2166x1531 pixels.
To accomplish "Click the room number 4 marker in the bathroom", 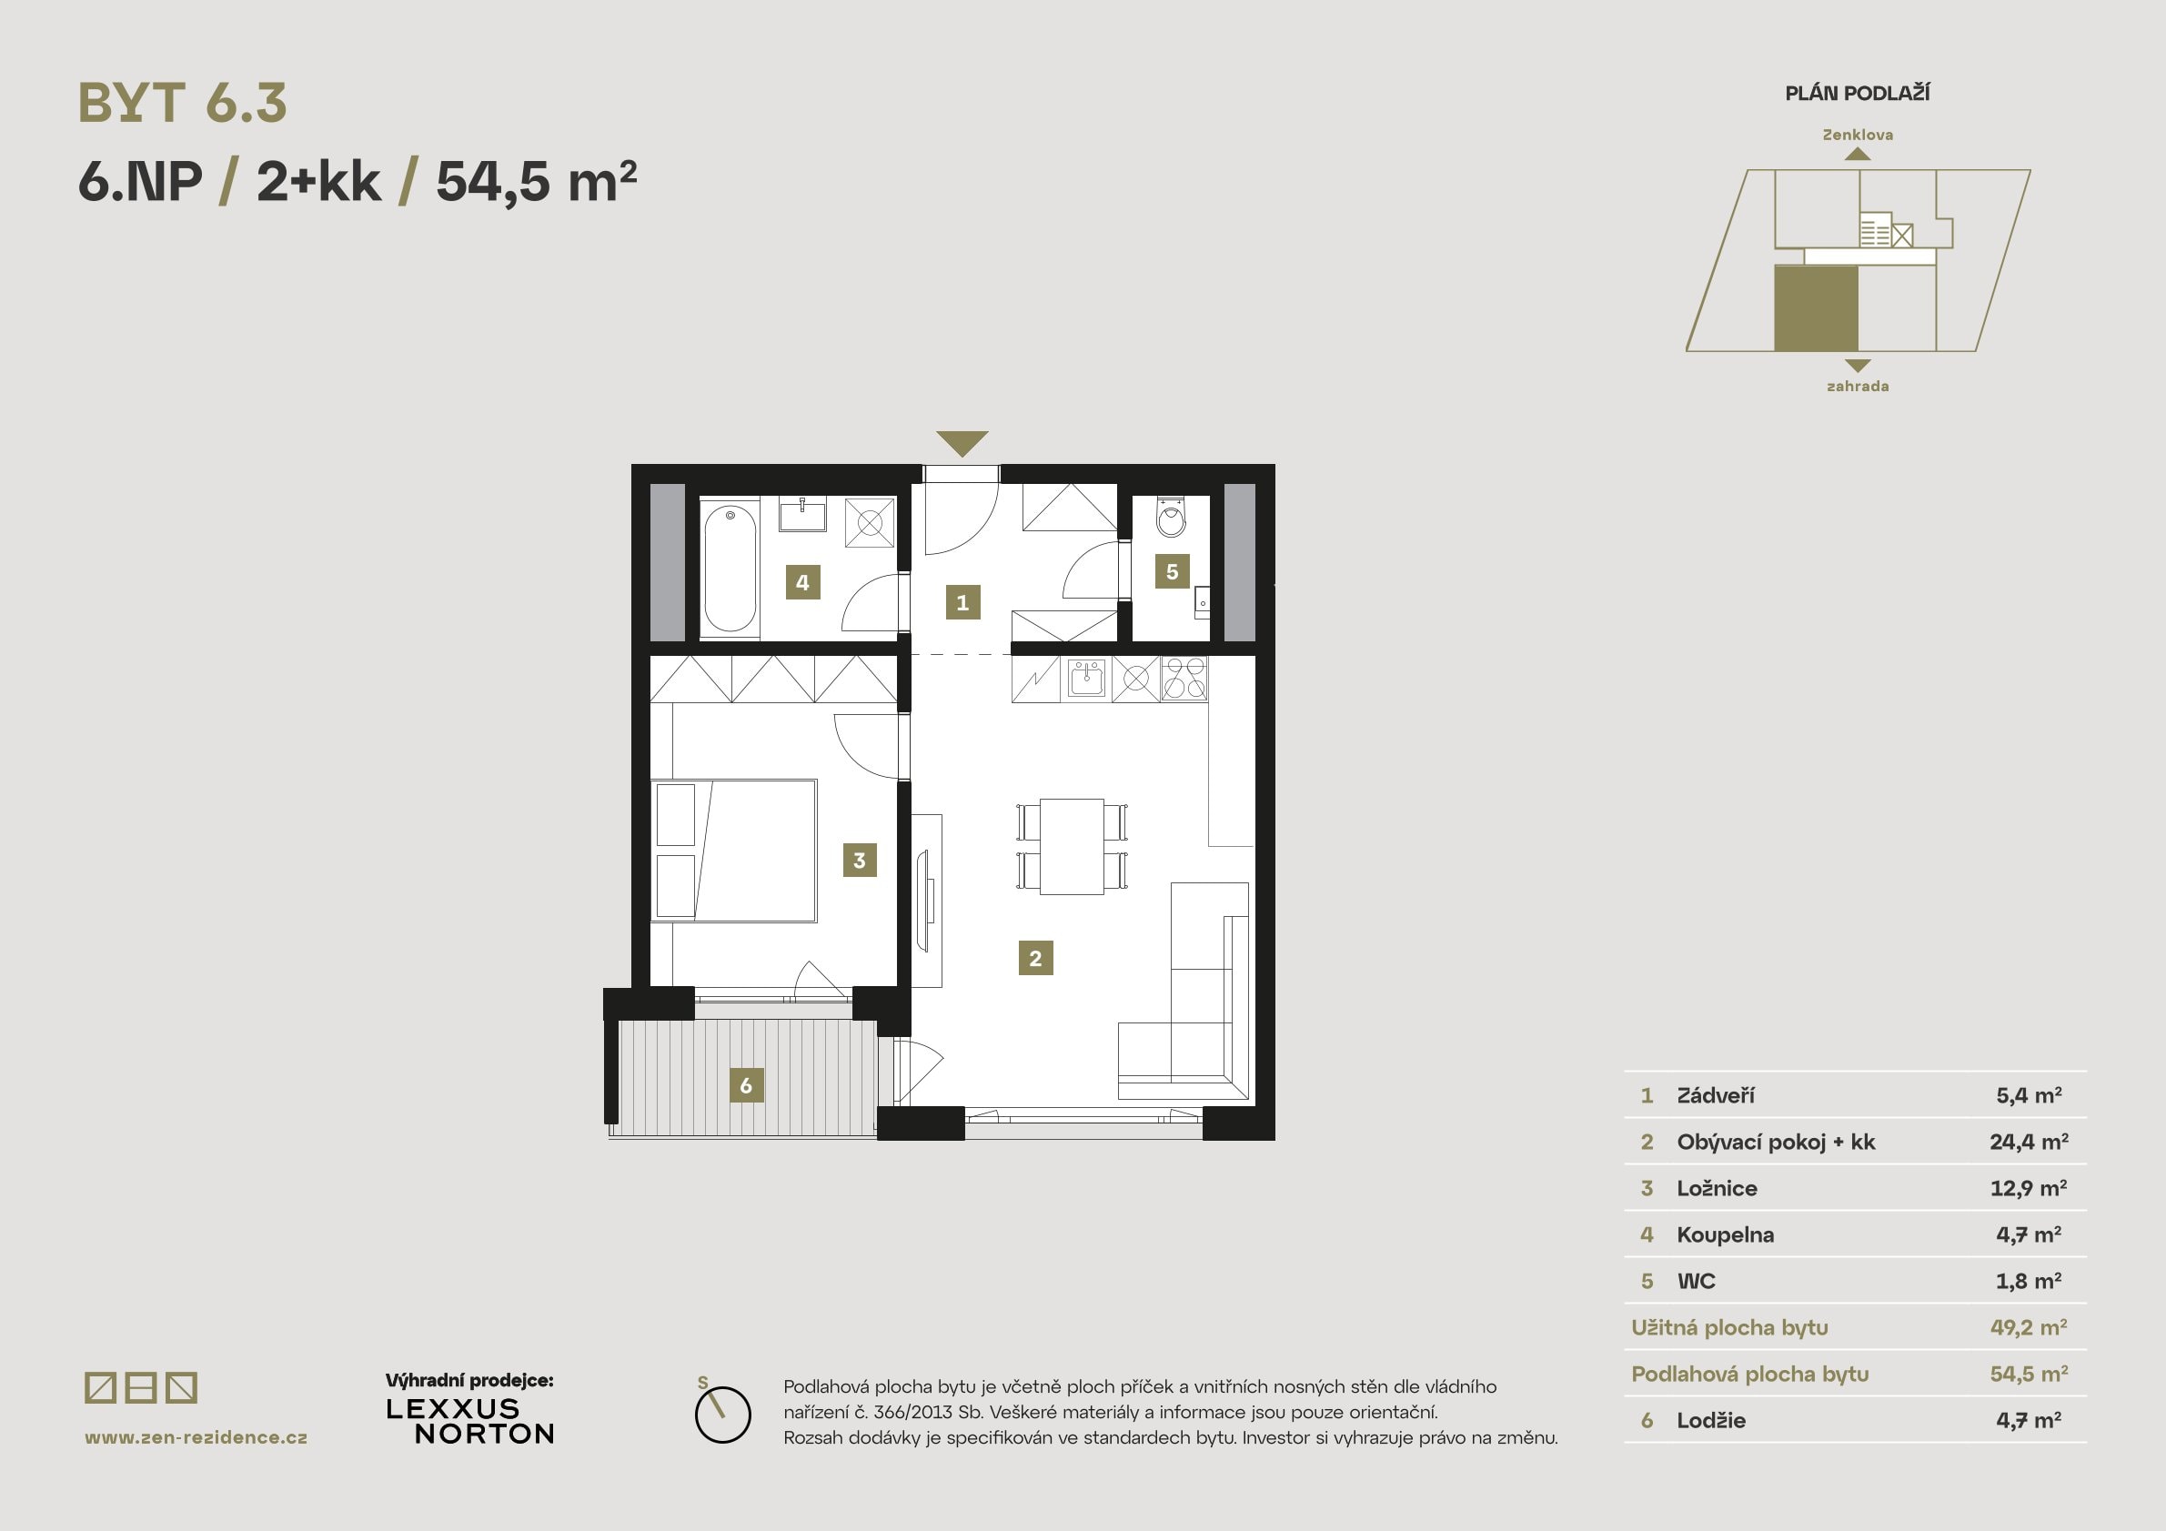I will [801, 582].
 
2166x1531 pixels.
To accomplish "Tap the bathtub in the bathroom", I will [730, 569].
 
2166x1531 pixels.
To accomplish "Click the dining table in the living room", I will [1072, 846].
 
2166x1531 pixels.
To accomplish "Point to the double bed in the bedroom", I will [734, 850].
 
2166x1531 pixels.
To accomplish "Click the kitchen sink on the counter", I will [1086, 678].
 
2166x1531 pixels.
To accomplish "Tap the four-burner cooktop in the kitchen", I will [1184, 679].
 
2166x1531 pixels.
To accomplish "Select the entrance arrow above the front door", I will [962, 442].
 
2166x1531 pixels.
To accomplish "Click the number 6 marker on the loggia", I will [745, 1085].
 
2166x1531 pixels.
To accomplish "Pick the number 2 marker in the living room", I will [1035, 958].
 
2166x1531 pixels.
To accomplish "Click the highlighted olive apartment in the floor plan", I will [1815, 308].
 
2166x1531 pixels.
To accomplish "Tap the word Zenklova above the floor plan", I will [1857, 135].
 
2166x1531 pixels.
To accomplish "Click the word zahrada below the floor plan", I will [1857, 386].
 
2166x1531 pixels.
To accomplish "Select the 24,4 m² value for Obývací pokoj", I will [2029, 1142].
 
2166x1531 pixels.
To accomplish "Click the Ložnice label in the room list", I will [1716, 1188].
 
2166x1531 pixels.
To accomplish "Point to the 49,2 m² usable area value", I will [2029, 1327].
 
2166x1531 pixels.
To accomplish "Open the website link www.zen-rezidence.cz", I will [196, 1437].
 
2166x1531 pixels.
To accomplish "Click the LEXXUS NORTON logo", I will [469, 1421].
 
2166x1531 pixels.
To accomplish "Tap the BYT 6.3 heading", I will [182, 103].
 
